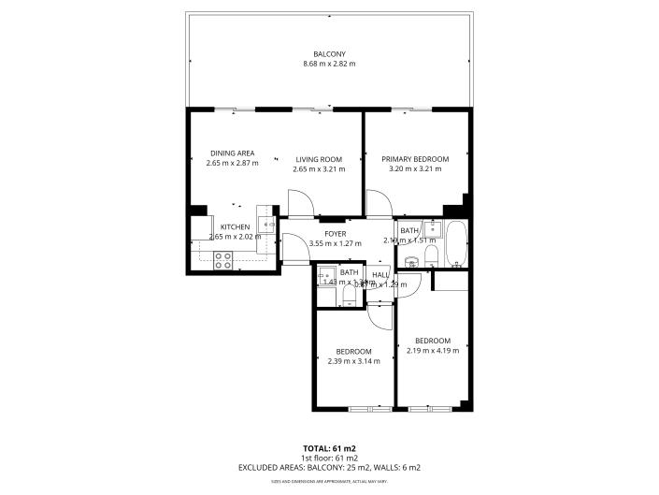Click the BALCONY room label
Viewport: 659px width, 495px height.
(x=329, y=53)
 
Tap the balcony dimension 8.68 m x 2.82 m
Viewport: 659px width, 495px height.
(x=329, y=64)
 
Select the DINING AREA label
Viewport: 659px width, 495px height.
(x=232, y=153)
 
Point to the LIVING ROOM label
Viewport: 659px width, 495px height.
(x=319, y=159)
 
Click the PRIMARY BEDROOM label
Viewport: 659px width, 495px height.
(x=415, y=159)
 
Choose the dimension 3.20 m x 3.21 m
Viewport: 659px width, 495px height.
(x=415, y=169)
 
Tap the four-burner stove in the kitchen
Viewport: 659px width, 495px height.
(x=223, y=262)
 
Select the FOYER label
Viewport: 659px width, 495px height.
(x=335, y=233)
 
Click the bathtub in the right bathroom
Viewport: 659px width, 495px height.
(x=457, y=243)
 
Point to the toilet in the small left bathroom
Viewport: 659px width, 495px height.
(x=348, y=297)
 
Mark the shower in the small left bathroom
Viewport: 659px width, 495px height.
(x=327, y=277)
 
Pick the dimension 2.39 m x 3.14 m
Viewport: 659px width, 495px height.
(x=353, y=361)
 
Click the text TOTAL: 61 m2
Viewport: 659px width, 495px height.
(x=329, y=447)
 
